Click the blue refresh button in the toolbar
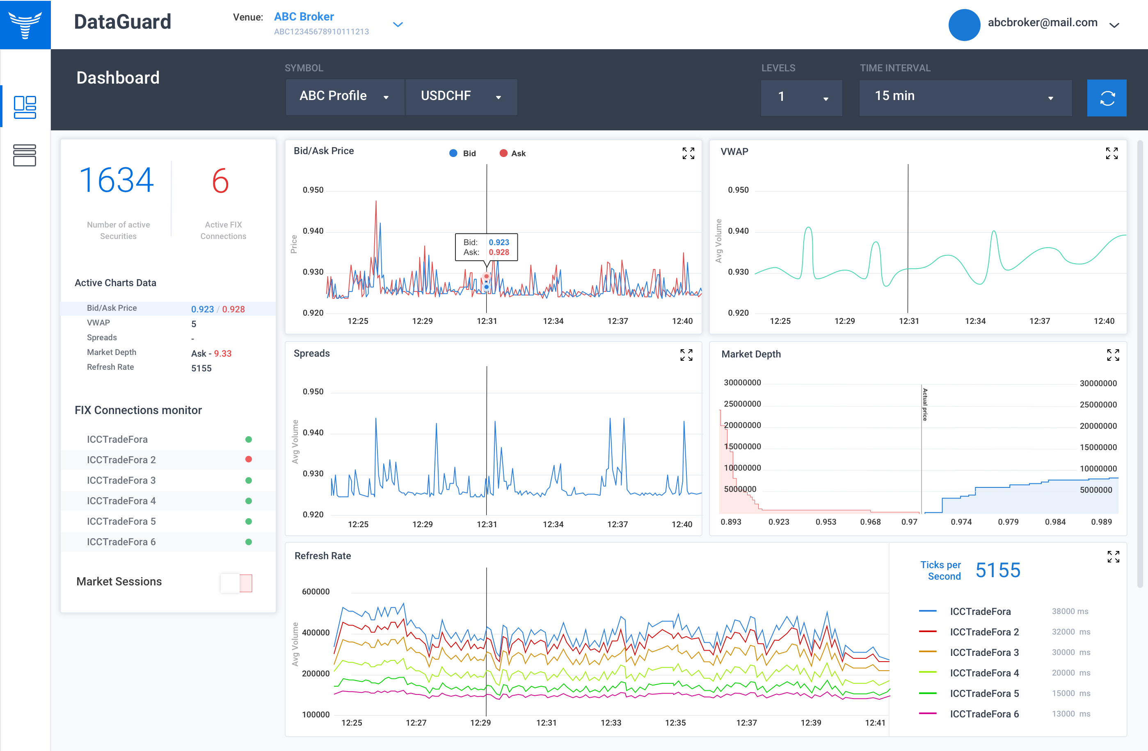click(1107, 98)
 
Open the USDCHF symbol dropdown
click(461, 96)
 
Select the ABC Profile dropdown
click(344, 96)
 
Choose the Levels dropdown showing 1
click(801, 98)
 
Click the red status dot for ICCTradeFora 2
click(248, 459)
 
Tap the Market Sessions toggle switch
click(236, 583)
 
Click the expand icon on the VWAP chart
click(1111, 153)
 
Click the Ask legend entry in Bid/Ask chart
click(513, 153)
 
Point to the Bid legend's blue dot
click(453, 153)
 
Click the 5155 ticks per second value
click(997, 570)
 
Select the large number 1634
click(117, 180)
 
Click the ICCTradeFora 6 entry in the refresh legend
click(984, 714)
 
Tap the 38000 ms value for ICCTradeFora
click(1070, 611)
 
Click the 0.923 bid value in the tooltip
click(499, 242)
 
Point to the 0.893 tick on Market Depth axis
click(731, 522)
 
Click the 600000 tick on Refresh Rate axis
click(316, 592)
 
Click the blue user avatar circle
click(964, 25)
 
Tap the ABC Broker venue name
click(304, 16)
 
